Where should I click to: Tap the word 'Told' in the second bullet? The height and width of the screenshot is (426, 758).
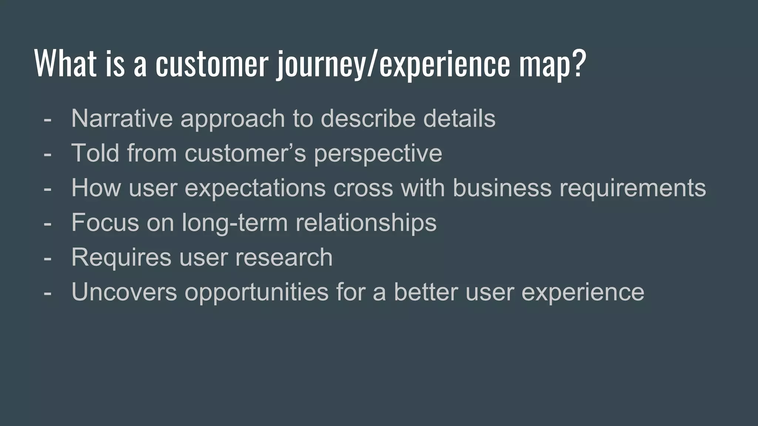pyautogui.click(x=95, y=153)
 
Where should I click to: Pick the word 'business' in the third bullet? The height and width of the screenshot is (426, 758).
pyautogui.click(x=502, y=187)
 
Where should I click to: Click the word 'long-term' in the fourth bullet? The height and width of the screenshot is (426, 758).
pyautogui.click(x=235, y=223)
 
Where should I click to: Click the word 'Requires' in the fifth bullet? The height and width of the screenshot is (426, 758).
pyautogui.click(x=121, y=258)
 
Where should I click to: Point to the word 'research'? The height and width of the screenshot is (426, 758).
pyautogui.click(x=284, y=258)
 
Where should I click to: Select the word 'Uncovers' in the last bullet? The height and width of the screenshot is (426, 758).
pyautogui.click(x=124, y=292)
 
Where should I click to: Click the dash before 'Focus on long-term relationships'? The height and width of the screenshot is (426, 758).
pyautogui.click(x=47, y=224)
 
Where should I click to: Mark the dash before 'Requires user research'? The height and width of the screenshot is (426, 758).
pyautogui.click(x=47, y=258)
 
